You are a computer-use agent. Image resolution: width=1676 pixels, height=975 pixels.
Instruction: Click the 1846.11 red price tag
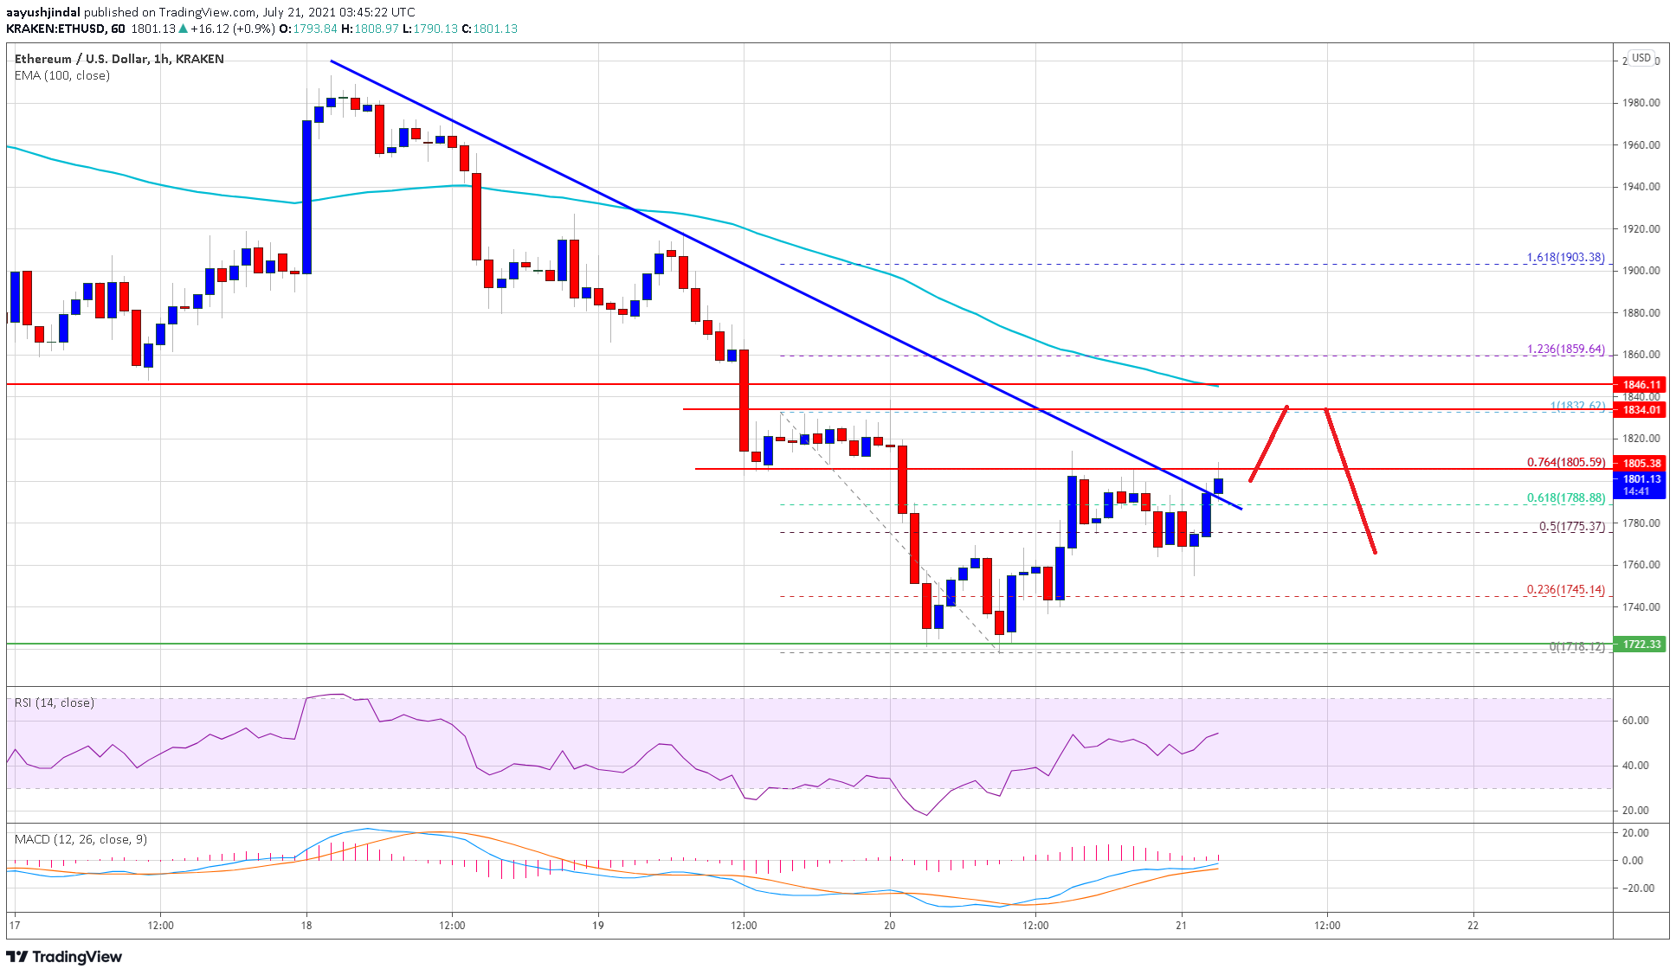[1641, 384]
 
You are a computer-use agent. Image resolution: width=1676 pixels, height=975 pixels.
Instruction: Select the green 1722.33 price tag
[1641, 645]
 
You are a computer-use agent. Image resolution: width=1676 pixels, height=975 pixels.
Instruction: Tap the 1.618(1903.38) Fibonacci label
[1565, 258]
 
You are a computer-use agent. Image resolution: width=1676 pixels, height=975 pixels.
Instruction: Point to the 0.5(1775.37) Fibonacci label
[1571, 526]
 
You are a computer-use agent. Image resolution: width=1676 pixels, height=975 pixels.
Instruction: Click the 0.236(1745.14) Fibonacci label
[1565, 590]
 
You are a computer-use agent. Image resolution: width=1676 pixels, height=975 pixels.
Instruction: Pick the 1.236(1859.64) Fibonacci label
[1565, 350]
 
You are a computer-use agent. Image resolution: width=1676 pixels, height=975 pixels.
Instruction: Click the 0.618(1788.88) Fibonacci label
[1565, 498]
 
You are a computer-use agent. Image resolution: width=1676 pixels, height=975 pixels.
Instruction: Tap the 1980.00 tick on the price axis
[1641, 103]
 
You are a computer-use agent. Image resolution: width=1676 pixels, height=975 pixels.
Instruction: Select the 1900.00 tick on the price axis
[1641, 271]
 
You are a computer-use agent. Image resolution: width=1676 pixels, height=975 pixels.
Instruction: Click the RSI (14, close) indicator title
[55, 702]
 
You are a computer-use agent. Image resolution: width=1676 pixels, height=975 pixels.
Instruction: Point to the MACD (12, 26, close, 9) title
[81, 839]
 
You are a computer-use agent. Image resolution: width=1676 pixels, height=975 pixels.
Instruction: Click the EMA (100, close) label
[62, 75]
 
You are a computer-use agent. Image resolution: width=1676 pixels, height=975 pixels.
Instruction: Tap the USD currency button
[1641, 58]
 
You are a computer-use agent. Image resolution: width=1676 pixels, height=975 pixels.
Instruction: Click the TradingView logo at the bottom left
[65, 957]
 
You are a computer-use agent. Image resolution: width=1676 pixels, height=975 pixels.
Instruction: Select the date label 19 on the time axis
[598, 925]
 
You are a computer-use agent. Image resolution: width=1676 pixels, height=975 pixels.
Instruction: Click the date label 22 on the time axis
[1473, 925]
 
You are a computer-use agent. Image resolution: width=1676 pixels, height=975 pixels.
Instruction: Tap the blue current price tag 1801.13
[1641, 479]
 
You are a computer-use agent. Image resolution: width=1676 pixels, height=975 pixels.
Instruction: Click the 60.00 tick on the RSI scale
[1635, 721]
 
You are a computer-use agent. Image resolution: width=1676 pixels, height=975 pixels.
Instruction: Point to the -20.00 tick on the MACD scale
[1632, 888]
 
